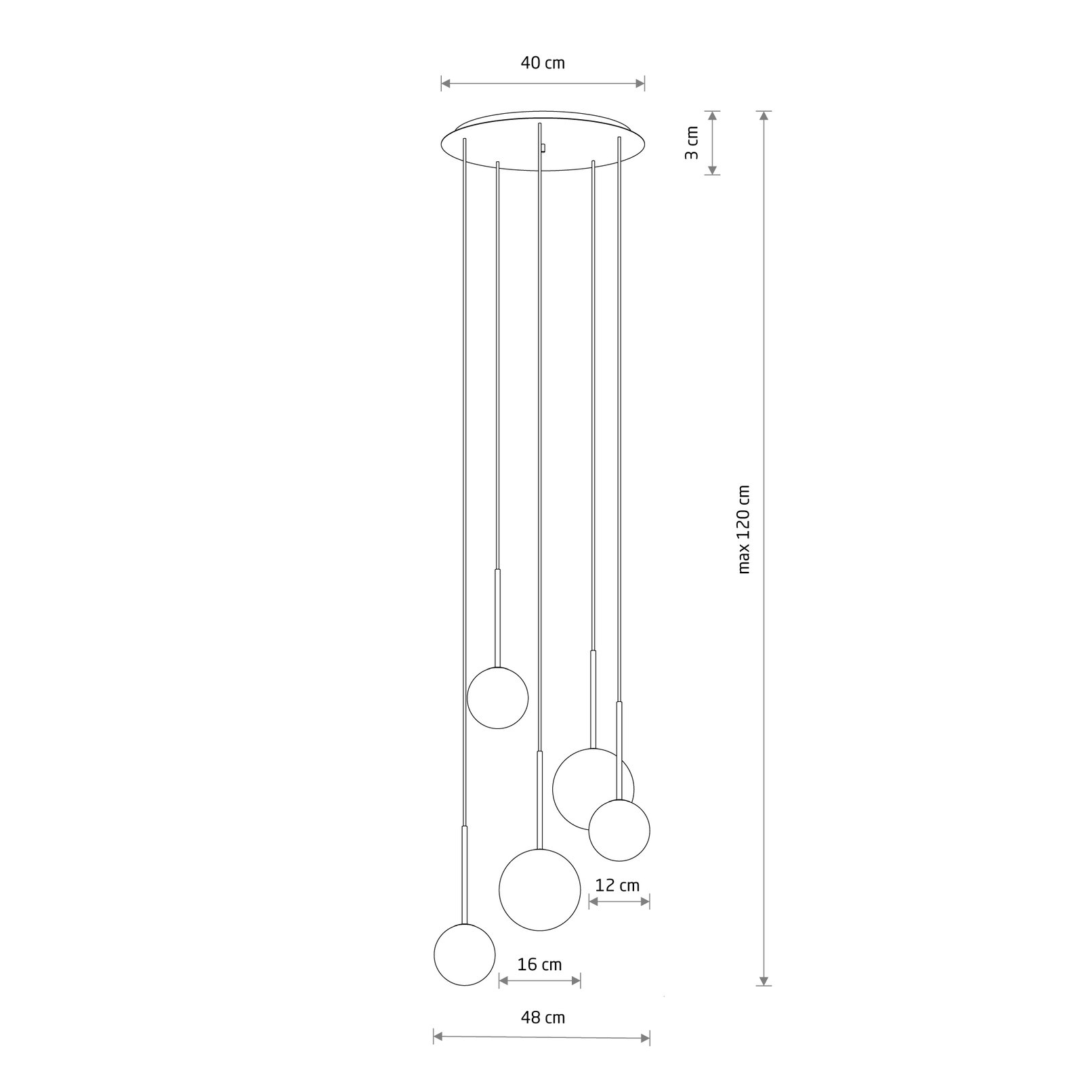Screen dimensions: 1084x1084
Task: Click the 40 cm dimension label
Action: pos(543,63)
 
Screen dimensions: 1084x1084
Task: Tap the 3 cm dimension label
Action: pos(691,142)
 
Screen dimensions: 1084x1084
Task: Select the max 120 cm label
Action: pos(745,529)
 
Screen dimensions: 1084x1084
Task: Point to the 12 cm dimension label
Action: pos(617,885)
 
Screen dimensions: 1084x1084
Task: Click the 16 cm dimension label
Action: pos(540,964)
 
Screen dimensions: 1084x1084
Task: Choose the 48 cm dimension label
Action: pos(543,1017)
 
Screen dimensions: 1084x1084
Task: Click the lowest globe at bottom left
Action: pos(464,955)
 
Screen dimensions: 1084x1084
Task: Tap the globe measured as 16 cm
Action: pos(540,890)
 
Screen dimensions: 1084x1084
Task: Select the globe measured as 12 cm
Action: pos(619,831)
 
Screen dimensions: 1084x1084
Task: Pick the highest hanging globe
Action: pos(498,698)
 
